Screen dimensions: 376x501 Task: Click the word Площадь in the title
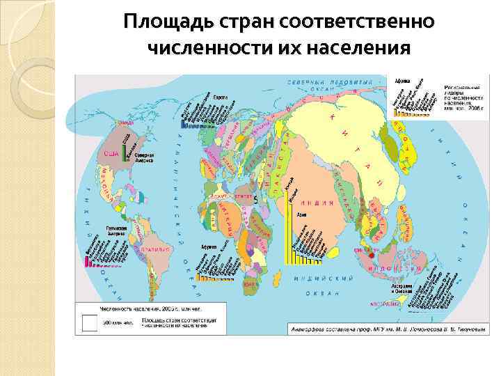(159, 22)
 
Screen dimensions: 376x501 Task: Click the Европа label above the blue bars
(221, 98)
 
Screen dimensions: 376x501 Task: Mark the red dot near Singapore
(362, 256)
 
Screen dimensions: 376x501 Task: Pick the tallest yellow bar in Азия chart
(287, 230)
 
